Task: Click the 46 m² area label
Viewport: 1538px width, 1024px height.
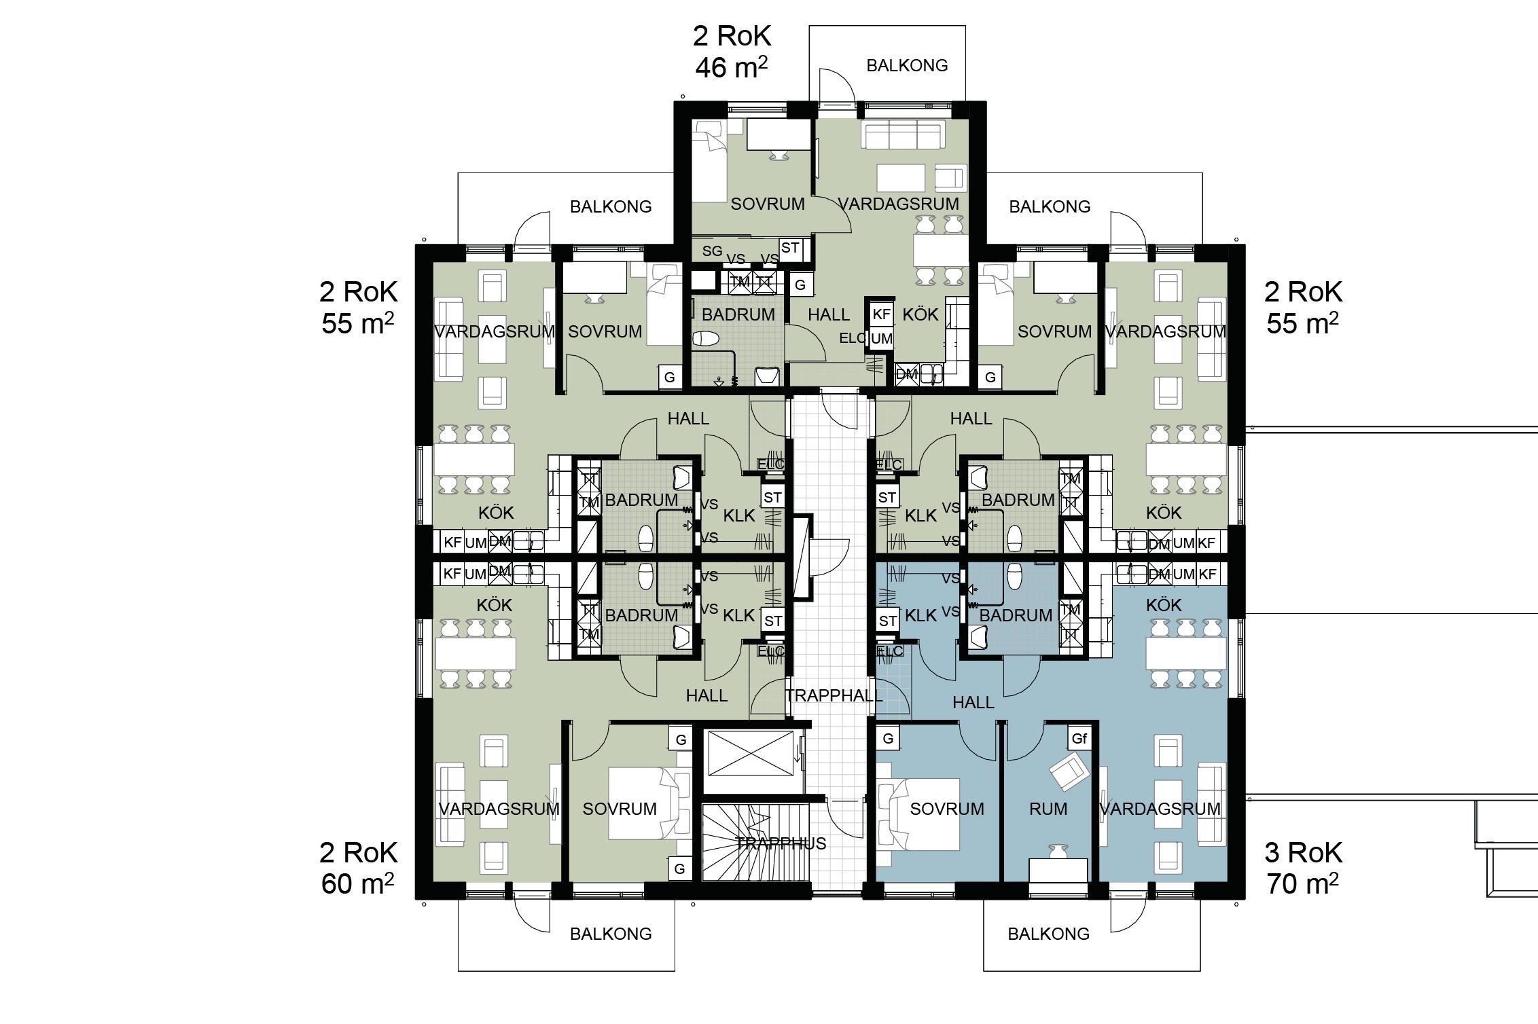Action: pyautogui.click(x=732, y=67)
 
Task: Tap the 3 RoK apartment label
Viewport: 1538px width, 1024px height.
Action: pyautogui.click(x=1303, y=853)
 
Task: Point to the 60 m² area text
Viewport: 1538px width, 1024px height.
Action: pyautogui.click(x=357, y=884)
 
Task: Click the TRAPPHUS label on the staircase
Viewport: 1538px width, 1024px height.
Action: pyautogui.click(x=781, y=843)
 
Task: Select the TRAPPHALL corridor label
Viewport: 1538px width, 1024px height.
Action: pyautogui.click(x=834, y=696)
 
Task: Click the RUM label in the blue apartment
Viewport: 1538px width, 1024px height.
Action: pyautogui.click(x=1048, y=809)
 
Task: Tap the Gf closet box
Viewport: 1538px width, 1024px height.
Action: pyautogui.click(x=1079, y=739)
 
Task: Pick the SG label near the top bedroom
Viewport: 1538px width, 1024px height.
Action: pyautogui.click(x=712, y=251)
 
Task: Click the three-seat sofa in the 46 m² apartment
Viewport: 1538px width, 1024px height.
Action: pyautogui.click(x=903, y=134)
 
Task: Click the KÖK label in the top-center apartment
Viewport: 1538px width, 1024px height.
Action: pyautogui.click(x=920, y=315)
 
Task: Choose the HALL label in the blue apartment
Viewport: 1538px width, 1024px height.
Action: pyautogui.click(x=973, y=703)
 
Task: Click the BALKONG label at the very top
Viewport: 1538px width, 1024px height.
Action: pyautogui.click(x=907, y=66)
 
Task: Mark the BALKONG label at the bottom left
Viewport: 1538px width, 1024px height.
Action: pyautogui.click(x=611, y=934)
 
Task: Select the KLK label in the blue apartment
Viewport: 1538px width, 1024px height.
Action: pyautogui.click(x=921, y=616)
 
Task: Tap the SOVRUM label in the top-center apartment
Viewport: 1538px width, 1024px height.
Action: pyautogui.click(x=768, y=204)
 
